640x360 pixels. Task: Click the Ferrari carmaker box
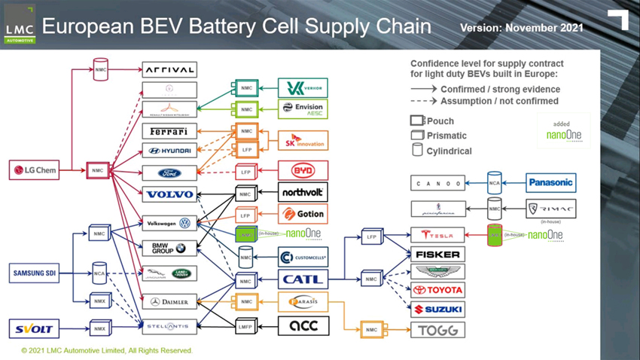[x=169, y=131]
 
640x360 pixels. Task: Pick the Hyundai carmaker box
[x=169, y=151]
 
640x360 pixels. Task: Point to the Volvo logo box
[x=169, y=194]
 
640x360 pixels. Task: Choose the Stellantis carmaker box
[x=169, y=327]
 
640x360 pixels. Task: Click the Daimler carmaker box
[x=169, y=302]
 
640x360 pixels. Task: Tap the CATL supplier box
[x=303, y=279]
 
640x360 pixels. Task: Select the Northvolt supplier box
[x=303, y=192]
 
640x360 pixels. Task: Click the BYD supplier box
[x=303, y=170]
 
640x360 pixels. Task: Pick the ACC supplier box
[x=303, y=325]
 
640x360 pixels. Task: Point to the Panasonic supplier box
[x=550, y=182]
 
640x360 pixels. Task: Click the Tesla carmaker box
[x=437, y=235]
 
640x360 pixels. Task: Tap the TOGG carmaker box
[x=437, y=330]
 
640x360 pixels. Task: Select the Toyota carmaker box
[x=437, y=290]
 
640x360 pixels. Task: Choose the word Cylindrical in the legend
[x=449, y=151]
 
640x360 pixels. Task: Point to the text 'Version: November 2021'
[x=521, y=27]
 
